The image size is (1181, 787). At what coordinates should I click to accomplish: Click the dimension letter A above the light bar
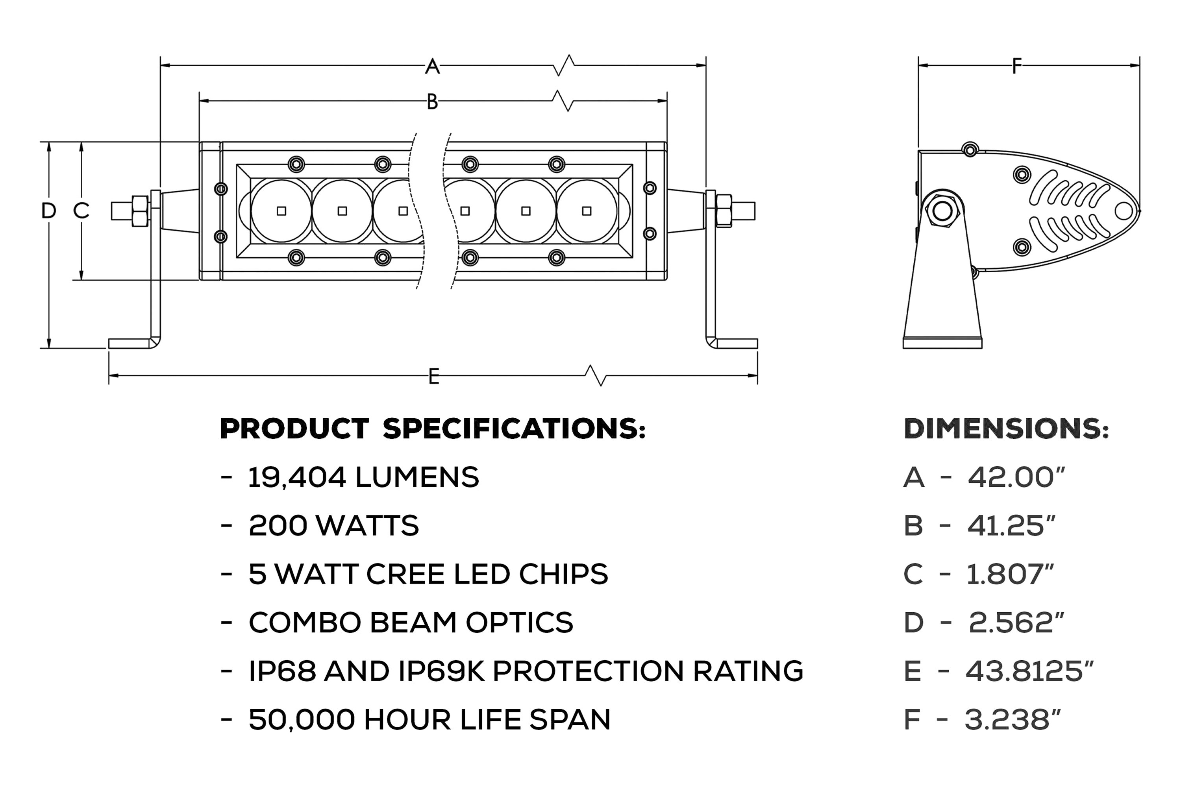coord(432,66)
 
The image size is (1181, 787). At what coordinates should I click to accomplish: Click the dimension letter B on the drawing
coord(432,102)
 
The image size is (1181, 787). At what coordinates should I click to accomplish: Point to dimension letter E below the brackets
coord(434,377)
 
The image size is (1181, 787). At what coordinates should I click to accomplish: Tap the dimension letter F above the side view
coord(1017,66)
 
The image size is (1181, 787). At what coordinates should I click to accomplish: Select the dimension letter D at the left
coord(49,211)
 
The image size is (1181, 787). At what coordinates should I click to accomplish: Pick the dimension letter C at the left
coord(81,211)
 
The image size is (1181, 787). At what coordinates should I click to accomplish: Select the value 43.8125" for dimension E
coord(1029,671)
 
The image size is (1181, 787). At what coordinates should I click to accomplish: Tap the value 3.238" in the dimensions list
coord(1013,719)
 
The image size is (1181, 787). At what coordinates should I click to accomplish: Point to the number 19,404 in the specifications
coord(297,477)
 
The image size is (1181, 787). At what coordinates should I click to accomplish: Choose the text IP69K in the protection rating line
coord(441,671)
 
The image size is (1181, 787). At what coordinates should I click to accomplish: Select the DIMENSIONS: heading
coord(1006,430)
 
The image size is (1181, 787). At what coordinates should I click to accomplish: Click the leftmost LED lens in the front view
coord(281,211)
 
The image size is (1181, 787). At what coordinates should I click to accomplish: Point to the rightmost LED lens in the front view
coord(587,211)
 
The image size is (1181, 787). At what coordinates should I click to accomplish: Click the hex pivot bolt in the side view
coord(942,211)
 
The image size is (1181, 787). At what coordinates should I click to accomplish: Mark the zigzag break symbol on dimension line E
coord(596,375)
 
